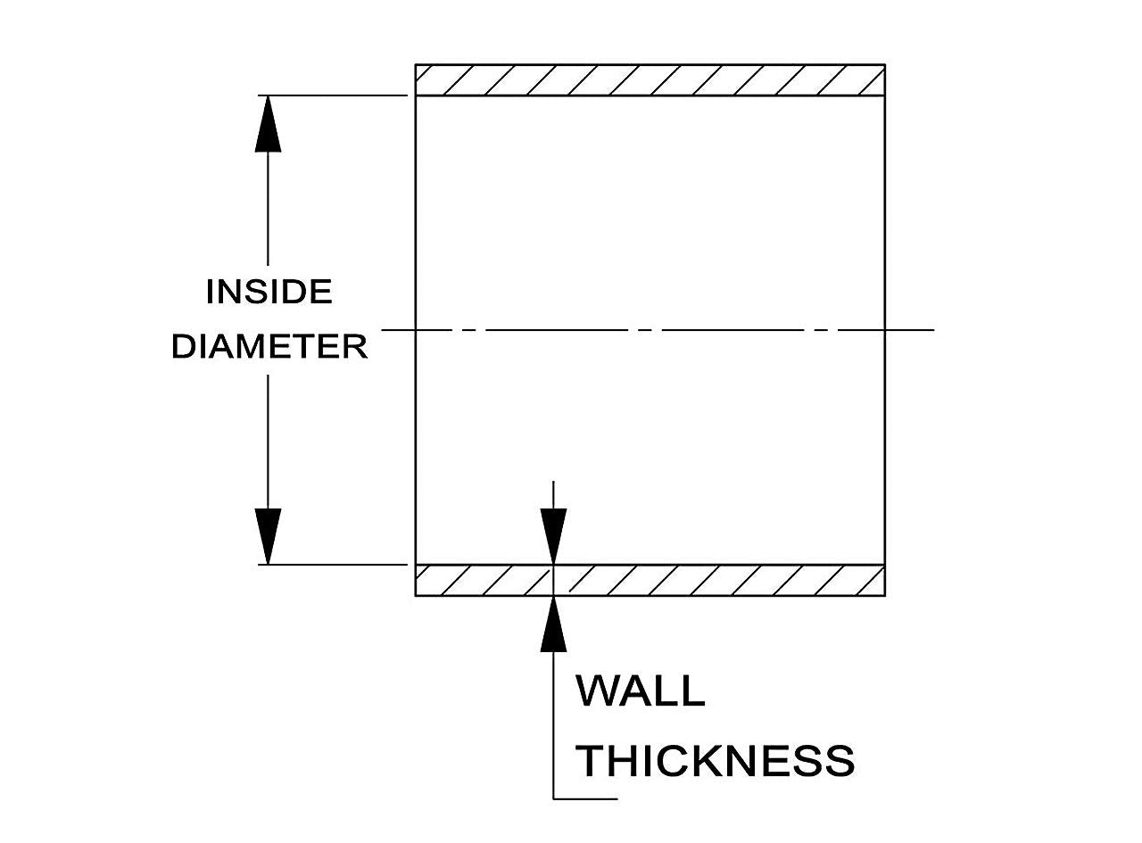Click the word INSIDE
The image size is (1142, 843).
pyautogui.click(x=269, y=292)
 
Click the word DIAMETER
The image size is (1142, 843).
pyautogui.click(x=269, y=346)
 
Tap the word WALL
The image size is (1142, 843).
pyautogui.click(x=640, y=690)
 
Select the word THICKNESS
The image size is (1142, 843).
pyautogui.click(x=715, y=760)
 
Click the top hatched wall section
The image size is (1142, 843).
pyautogui.click(x=650, y=80)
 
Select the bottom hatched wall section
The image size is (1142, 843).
pyautogui.click(x=650, y=580)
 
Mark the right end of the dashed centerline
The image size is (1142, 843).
pyautogui.click(x=933, y=330)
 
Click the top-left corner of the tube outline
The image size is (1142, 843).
pyautogui.click(x=416, y=65)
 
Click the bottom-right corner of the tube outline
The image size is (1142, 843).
pyautogui.click(x=884, y=595)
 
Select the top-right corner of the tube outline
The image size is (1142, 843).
pyautogui.click(x=884, y=65)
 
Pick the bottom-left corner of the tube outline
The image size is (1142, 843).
pyautogui.click(x=416, y=595)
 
